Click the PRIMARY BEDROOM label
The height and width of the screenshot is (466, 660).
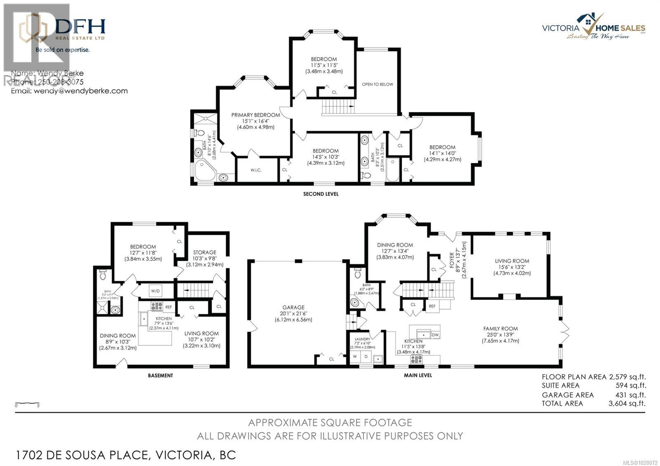tap(255, 115)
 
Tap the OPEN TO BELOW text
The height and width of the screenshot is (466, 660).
tap(377, 84)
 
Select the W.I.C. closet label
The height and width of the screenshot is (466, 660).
tap(256, 170)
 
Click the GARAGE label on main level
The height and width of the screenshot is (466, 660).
tap(293, 307)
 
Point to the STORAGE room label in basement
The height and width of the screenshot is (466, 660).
tap(205, 252)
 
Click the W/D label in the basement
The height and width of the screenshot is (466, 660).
tap(155, 291)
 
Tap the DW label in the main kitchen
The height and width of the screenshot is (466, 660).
tap(435, 335)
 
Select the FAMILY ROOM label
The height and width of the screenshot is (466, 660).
tap(500, 329)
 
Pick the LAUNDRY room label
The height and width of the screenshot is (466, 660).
tap(362, 339)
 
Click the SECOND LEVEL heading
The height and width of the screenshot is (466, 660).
tap(321, 194)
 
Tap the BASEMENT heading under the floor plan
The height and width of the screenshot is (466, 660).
tap(160, 375)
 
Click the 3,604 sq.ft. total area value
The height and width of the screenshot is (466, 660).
tap(627, 403)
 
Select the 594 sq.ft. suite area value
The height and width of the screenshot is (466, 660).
tap(630, 385)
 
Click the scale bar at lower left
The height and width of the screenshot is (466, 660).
tap(27, 403)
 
